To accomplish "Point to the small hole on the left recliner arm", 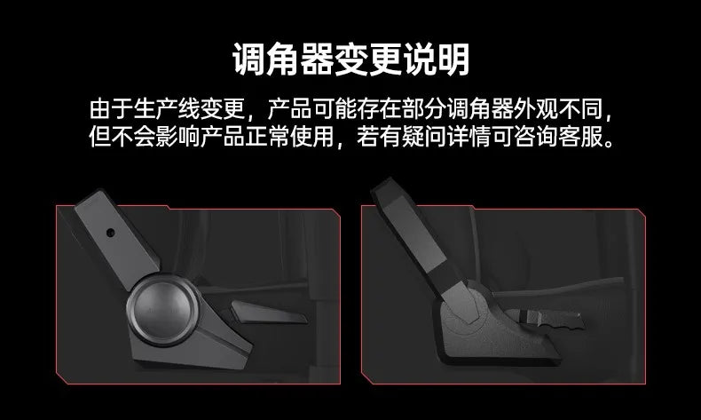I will point(110,233).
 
